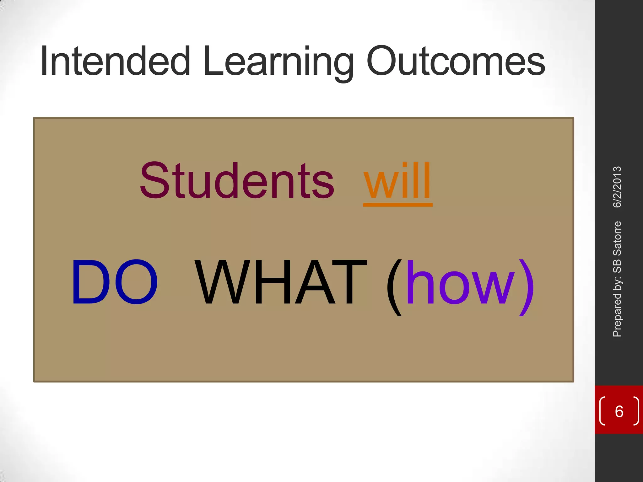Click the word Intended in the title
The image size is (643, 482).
coord(115,61)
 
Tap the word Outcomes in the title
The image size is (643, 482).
coord(456,62)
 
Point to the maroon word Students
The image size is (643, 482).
coord(237,181)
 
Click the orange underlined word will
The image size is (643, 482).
coord(397,181)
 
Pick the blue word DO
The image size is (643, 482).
coord(115,282)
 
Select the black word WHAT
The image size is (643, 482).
coord(281,282)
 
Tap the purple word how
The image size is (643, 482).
coord(461,282)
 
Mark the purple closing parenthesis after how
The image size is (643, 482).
coord(527,287)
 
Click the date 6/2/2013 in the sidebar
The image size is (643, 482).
coord(617,187)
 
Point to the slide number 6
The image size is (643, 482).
coord(619,411)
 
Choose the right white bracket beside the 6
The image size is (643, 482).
coord(636,411)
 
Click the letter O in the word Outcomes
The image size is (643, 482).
coord(382,61)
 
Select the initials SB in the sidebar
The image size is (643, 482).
coord(617,265)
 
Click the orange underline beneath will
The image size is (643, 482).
coord(397,205)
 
